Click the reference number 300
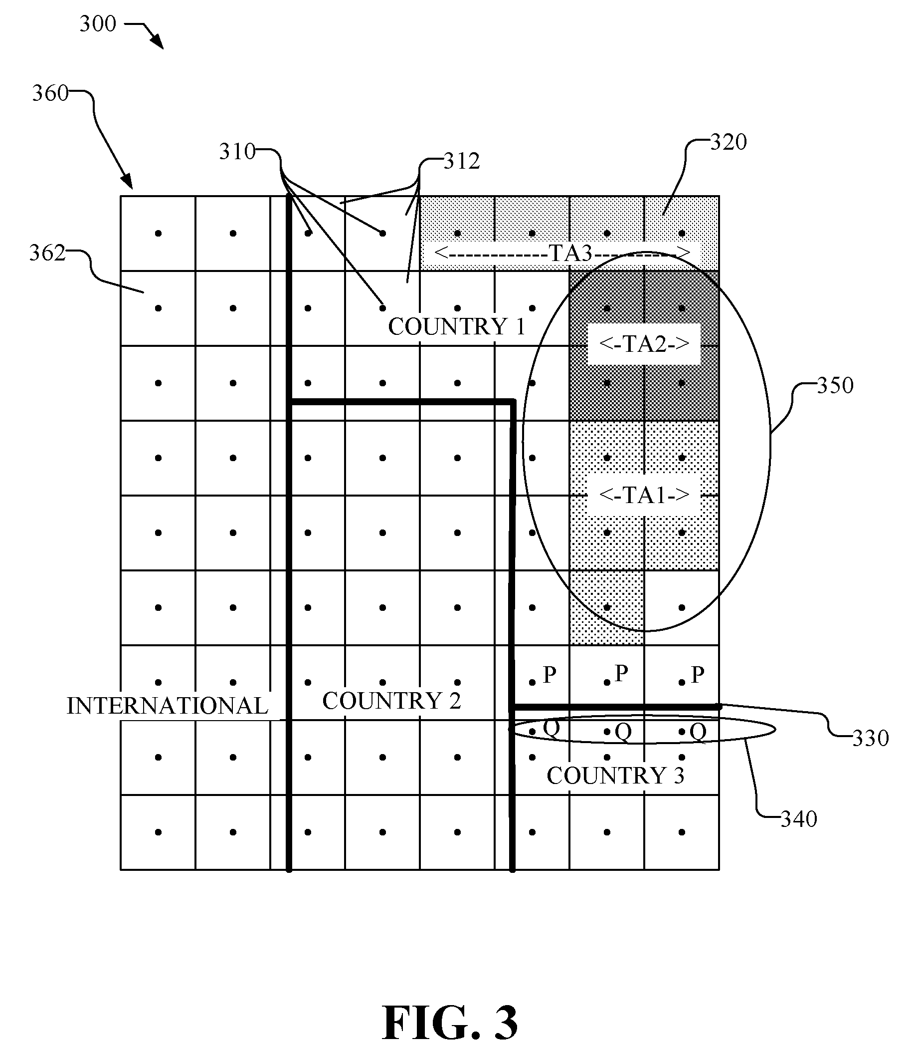tap(98, 24)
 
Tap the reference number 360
tap(50, 93)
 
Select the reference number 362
tap(48, 253)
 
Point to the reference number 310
tap(237, 152)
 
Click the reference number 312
tap(462, 162)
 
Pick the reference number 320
tap(729, 142)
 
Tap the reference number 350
tap(836, 385)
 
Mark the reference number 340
tap(799, 819)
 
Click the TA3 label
tap(570, 253)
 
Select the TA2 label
tap(644, 344)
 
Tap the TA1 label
tap(644, 495)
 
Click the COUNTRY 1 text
tap(457, 327)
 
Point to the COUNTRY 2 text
tap(392, 701)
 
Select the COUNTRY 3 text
tap(616, 776)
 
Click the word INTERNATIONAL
tap(168, 706)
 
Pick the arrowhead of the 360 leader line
tap(128, 182)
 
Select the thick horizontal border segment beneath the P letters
tap(616, 707)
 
